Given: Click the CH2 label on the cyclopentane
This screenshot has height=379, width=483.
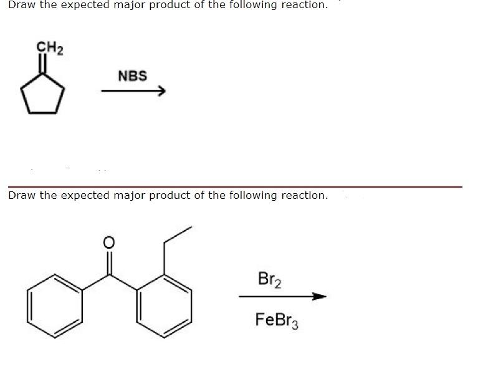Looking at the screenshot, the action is click(x=49, y=47).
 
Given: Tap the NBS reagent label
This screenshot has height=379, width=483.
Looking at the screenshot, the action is click(x=132, y=76).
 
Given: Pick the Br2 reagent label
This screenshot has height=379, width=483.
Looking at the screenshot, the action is click(x=269, y=280).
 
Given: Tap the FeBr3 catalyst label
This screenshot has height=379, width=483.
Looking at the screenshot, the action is click(x=277, y=321).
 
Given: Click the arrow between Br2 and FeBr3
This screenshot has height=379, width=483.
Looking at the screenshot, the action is click(x=282, y=297).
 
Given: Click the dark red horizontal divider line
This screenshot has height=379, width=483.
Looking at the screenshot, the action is click(x=235, y=186).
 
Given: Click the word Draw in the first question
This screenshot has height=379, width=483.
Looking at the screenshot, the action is click(x=21, y=5).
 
